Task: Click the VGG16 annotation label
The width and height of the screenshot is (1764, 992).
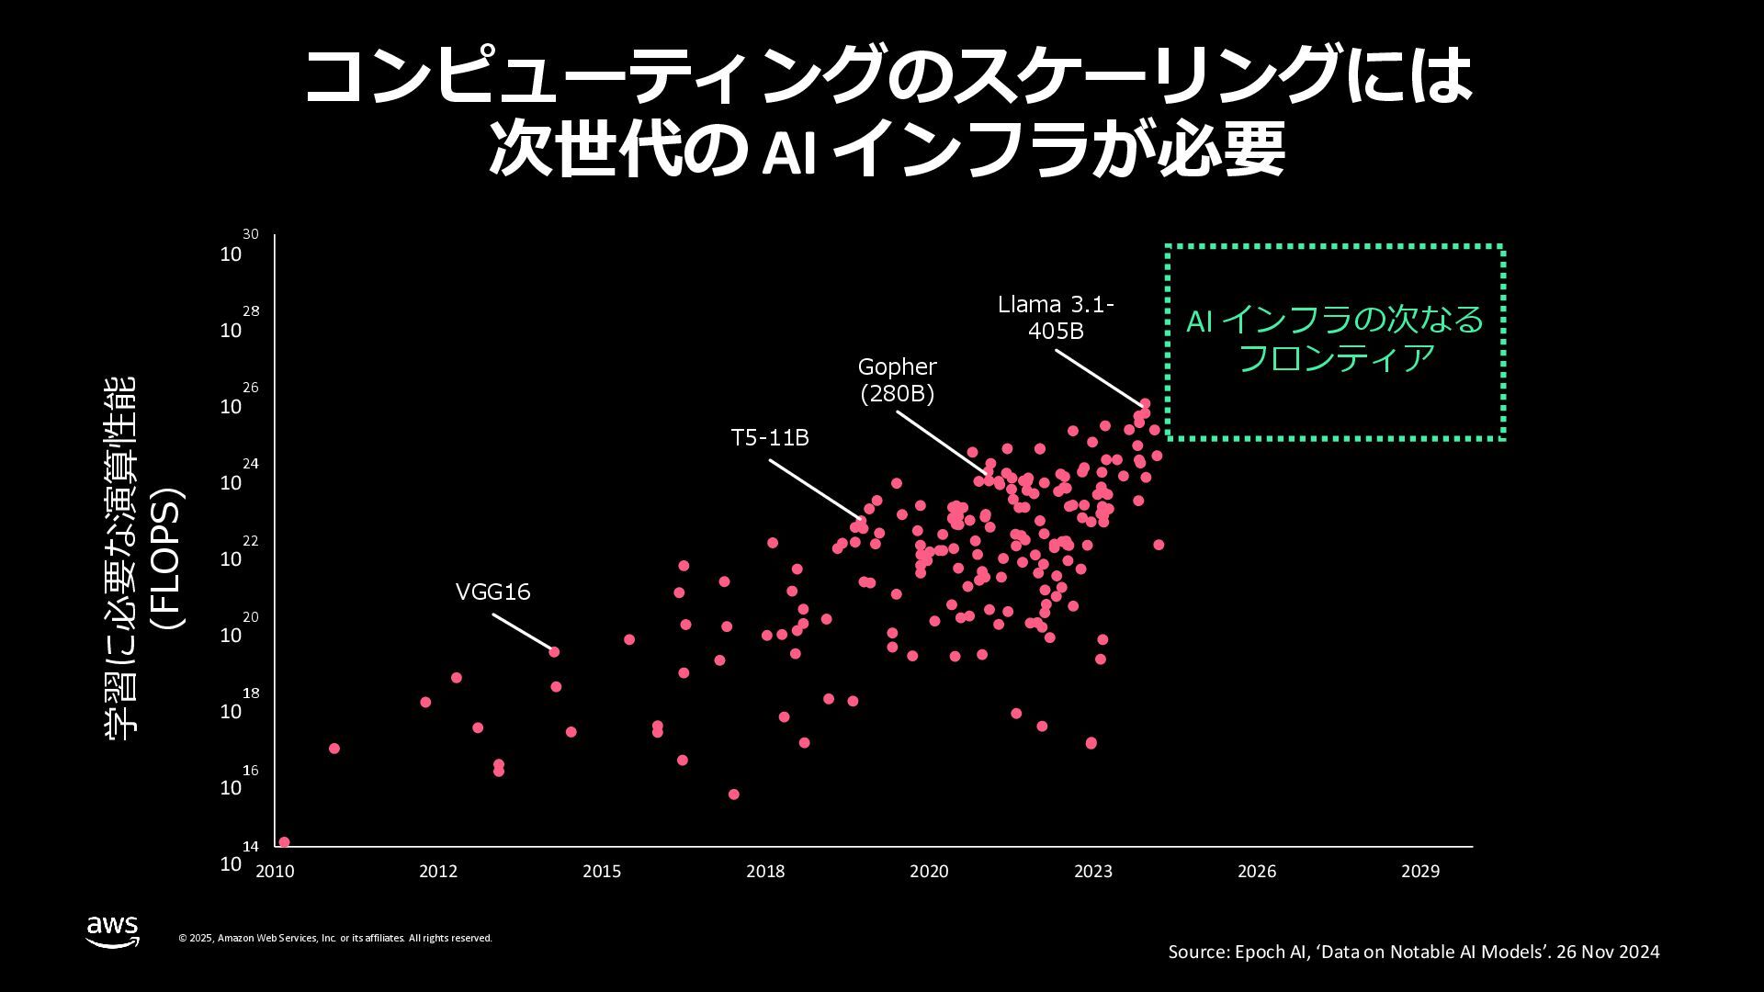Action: pyautogui.click(x=493, y=592)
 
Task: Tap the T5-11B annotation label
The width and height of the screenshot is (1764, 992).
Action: pyautogui.click(x=770, y=438)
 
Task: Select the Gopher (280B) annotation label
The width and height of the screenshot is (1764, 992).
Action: pyautogui.click(x=897, y=379)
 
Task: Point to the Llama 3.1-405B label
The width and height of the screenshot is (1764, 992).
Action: pyautogui.click(x=1056, y=317)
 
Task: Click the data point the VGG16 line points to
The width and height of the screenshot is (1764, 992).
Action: pyautogui.click(x=554, y=652)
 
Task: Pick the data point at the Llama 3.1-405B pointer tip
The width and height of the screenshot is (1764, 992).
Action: pyautogui.click(x=1145, y=403)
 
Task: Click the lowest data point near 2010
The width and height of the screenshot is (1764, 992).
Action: pyautogui.click(x=285, y=841)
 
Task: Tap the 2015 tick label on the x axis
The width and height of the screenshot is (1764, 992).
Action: pyautogui.click(x=602, y=872)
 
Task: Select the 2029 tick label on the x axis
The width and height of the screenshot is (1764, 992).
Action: pyautogui.click(x=1420, y=872)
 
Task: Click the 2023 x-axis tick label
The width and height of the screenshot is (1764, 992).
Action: pyautogui.click(x=1093, y=872)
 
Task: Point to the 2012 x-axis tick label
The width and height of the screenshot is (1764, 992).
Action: pyautogui.click(x=438, y=872)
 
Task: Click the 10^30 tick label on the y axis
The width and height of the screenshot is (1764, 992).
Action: pyautogui.click(x=237, y=249)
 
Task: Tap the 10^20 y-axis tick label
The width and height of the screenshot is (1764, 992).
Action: pyautogui.click(x=237, y=630)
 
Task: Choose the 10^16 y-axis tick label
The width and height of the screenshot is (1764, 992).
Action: pyautogui.click(x=237, y=783)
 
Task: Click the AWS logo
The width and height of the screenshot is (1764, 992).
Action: pyautogui.click(x=113, y=930)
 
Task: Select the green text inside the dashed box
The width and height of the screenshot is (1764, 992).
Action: pyautogui.click(x=1335, y=339)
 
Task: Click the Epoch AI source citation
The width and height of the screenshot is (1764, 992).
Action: pyautogui.click(x=1413, y=952)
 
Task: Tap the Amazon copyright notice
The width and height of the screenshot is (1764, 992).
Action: pyautogui.click(x=335, y=938)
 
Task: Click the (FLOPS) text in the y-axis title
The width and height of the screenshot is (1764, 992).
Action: pyautogui.click(x=168, y=558)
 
